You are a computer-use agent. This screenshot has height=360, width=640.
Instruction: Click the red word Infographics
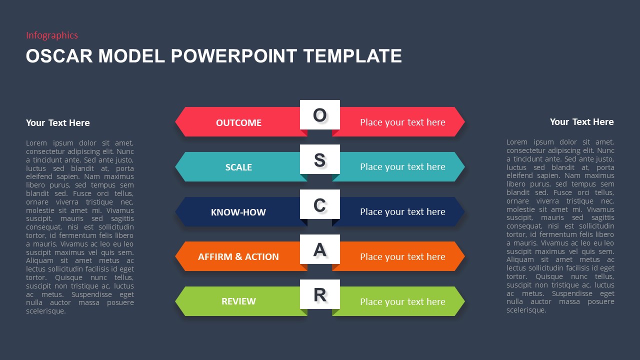tap(52, 35)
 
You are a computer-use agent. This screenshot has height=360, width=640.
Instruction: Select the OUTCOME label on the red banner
tap(238, 122)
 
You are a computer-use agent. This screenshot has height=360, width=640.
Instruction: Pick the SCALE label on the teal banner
tap(238, 167)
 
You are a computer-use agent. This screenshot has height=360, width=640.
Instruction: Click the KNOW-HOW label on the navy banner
tap(238, 212)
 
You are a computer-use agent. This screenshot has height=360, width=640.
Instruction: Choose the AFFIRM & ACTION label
tap(238, 256)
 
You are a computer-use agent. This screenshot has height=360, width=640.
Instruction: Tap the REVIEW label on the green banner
tap(238, 301)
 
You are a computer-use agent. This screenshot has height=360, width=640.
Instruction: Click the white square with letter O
tap(320, 115)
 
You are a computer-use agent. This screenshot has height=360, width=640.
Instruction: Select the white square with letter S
tap(320, 160)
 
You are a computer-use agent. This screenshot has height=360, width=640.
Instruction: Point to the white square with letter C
tap(320, 204)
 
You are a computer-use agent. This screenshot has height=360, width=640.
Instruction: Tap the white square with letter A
tap(320, 249)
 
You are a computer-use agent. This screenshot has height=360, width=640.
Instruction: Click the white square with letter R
tap(320, 294)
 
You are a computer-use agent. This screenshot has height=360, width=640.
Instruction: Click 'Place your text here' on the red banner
tap(402, 122)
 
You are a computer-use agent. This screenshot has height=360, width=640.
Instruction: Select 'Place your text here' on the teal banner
tap(402, 167)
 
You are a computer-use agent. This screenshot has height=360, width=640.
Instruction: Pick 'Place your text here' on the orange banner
tap(402, 256)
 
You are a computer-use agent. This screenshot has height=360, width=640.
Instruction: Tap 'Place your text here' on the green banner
tap(402, 301)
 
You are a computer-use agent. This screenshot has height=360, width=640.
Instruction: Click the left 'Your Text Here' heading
tap(58, 123)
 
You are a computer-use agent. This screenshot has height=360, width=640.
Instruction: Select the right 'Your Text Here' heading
tap(581, 122)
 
